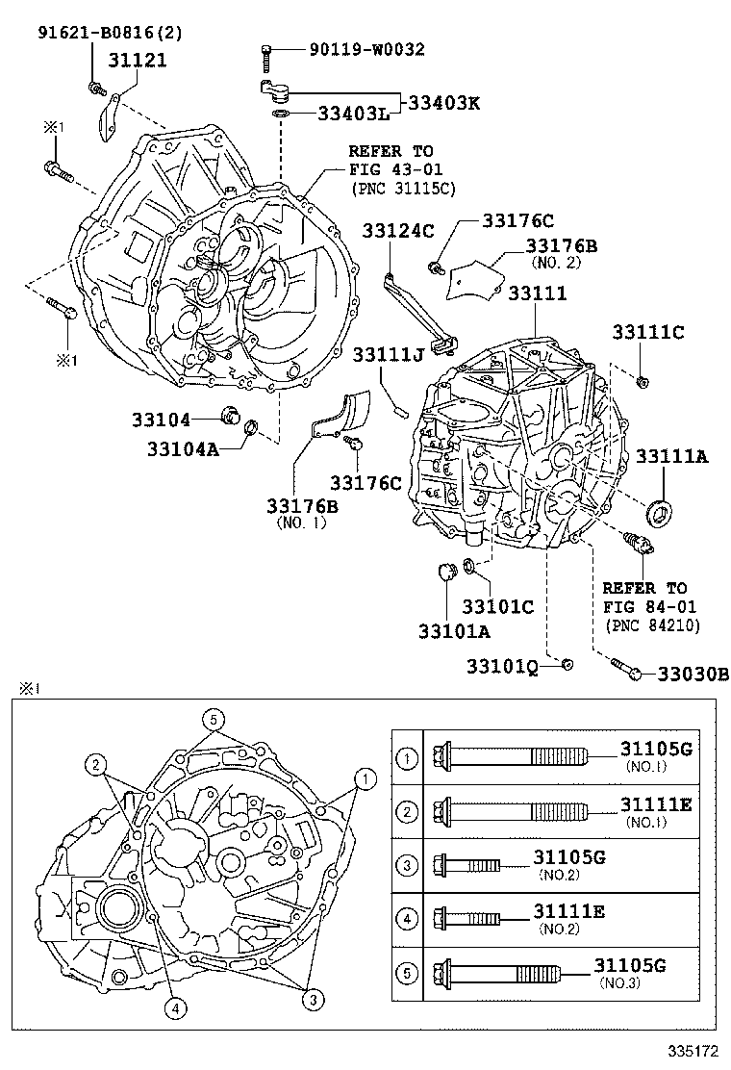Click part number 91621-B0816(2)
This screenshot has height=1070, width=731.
tap(110, 33)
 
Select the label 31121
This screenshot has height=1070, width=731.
tap(137, 61)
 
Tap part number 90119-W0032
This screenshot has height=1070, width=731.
tap(366, 49)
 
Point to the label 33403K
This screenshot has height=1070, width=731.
tap(443, 103)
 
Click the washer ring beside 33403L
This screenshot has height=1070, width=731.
tap(280, 115)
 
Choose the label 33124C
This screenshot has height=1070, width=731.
tap(398, 229)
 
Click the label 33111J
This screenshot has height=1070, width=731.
tap(387, 357)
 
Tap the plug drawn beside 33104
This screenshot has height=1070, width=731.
tap(231, 417)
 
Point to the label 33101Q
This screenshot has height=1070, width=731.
tap(502, 666)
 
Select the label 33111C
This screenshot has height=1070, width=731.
tap(647, 332)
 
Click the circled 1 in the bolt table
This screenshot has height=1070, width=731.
tap(407, 759)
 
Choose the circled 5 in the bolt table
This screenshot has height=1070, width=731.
tap(407, 973)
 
